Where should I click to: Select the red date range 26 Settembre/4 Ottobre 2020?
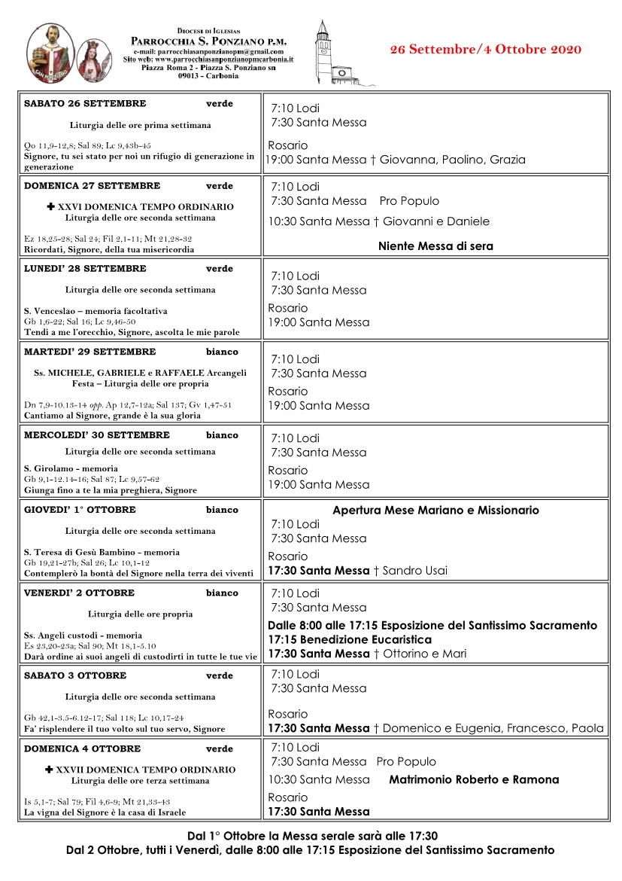[486, 50]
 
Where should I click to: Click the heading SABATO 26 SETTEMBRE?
[85, 104]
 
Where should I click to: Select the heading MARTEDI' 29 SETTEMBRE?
[90, 352]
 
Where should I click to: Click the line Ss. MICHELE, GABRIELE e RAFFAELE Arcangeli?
[140, 372]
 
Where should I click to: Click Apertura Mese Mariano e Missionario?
[435, 511]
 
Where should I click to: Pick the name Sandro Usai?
[414, 571]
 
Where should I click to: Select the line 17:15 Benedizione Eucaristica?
[350, 639]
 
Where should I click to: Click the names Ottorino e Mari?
[424, 654]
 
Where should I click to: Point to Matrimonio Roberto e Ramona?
[474, 780]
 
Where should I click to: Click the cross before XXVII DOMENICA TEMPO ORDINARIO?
[50, 770]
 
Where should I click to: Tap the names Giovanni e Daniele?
[436, 221]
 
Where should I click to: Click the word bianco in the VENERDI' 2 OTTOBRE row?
[222, 593]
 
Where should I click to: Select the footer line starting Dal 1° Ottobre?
[312, 836]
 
